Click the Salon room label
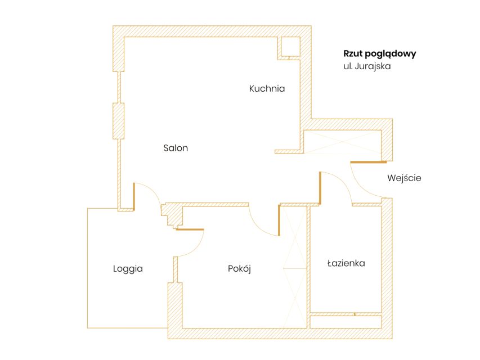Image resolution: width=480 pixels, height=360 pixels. tap(176, 148)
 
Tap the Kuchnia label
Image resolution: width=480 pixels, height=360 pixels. tap(267, 88)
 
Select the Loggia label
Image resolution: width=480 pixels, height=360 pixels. tap(128, 269)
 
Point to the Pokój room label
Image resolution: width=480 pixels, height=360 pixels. tap(239, 269)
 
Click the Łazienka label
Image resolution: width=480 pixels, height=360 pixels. tap(346, 263)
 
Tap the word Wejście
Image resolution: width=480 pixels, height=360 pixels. tap(404, 178)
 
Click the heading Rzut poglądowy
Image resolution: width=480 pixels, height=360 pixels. tap(380, 53)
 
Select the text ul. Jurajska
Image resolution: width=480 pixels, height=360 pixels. tap(367, 66)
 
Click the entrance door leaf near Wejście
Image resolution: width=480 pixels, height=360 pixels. tap(369, 162)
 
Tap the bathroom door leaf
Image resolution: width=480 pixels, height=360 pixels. tap(320, 188)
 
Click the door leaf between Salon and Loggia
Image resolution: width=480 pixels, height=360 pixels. tap(134, 196)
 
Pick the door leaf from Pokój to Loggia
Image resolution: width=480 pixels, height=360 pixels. tap(190, 229)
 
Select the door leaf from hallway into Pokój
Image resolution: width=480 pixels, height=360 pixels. tap(279, 220)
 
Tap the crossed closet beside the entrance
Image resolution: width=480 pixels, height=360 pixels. tap(342, 141)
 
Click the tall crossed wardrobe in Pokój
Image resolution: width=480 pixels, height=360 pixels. tap(295, 267)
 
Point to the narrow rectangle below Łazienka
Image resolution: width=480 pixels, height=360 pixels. tap(346, 322)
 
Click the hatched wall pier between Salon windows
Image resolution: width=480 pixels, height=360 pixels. tap(119, 121)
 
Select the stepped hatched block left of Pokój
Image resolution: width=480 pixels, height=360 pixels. tap(172, 215)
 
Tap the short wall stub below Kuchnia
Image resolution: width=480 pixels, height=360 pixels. tap(289, 151)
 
